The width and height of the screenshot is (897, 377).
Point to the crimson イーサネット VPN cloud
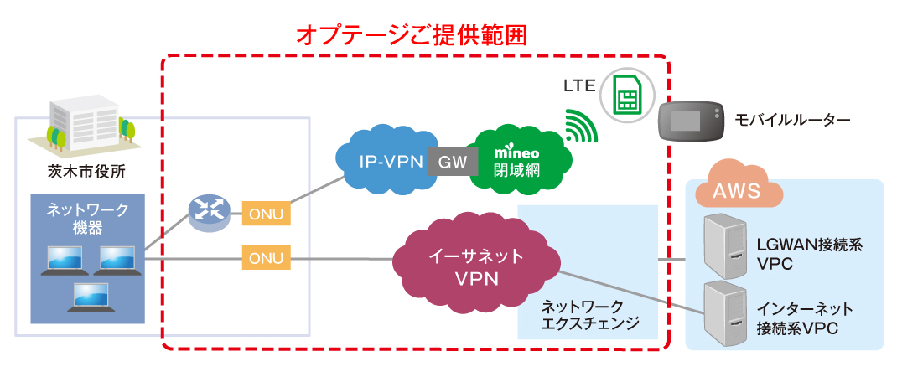(475, 266)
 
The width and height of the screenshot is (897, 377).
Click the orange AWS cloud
(735, 190)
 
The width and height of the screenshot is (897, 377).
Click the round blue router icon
(209, 213)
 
